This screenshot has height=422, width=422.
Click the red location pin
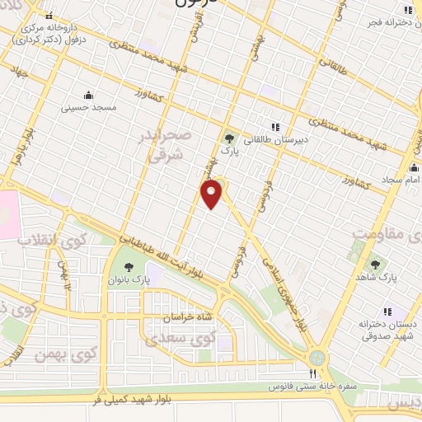click(x=212, y=195)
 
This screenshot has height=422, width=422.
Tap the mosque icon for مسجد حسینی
click(x=88, y=94)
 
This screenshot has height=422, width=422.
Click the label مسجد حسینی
click(x=93, y=108)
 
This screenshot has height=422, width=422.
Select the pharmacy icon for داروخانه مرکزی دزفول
click(x=49, y=16)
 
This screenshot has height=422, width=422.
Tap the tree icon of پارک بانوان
click(x=129, y=266)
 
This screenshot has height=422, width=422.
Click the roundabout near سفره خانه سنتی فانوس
click(x=316, y=358)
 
